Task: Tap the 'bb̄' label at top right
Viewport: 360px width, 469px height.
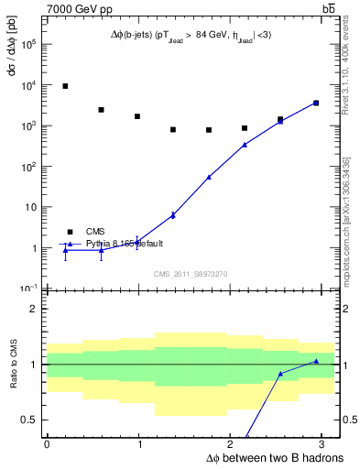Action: point(328,8)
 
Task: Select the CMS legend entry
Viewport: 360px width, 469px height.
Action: point(95,232)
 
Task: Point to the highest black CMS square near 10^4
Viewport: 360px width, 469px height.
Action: point(65,86)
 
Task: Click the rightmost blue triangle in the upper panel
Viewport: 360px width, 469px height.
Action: point(316,103)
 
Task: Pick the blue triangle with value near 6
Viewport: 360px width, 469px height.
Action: point(173,215)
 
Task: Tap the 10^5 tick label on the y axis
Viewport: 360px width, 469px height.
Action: point(27,45)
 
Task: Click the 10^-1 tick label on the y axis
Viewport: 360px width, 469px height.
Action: point(27,288)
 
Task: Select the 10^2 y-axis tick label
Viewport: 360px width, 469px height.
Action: point(27,167)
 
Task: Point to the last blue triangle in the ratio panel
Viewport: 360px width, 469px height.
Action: point(316,361)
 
